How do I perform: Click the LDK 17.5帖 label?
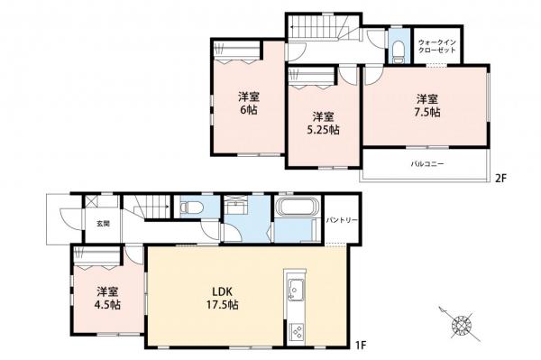225,299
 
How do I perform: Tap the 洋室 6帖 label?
249,103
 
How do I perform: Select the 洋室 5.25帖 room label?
323,124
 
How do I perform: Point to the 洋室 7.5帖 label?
427,106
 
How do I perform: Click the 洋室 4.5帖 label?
107,299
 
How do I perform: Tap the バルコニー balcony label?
427,163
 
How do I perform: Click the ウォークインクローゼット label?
437,46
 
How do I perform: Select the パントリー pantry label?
342,220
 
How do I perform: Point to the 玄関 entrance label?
103,224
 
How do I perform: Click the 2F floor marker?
500,179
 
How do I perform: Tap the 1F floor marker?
361,344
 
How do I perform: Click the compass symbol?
460,324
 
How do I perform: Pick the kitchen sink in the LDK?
295,288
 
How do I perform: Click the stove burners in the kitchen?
296,331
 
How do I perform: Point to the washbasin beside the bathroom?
235,208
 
